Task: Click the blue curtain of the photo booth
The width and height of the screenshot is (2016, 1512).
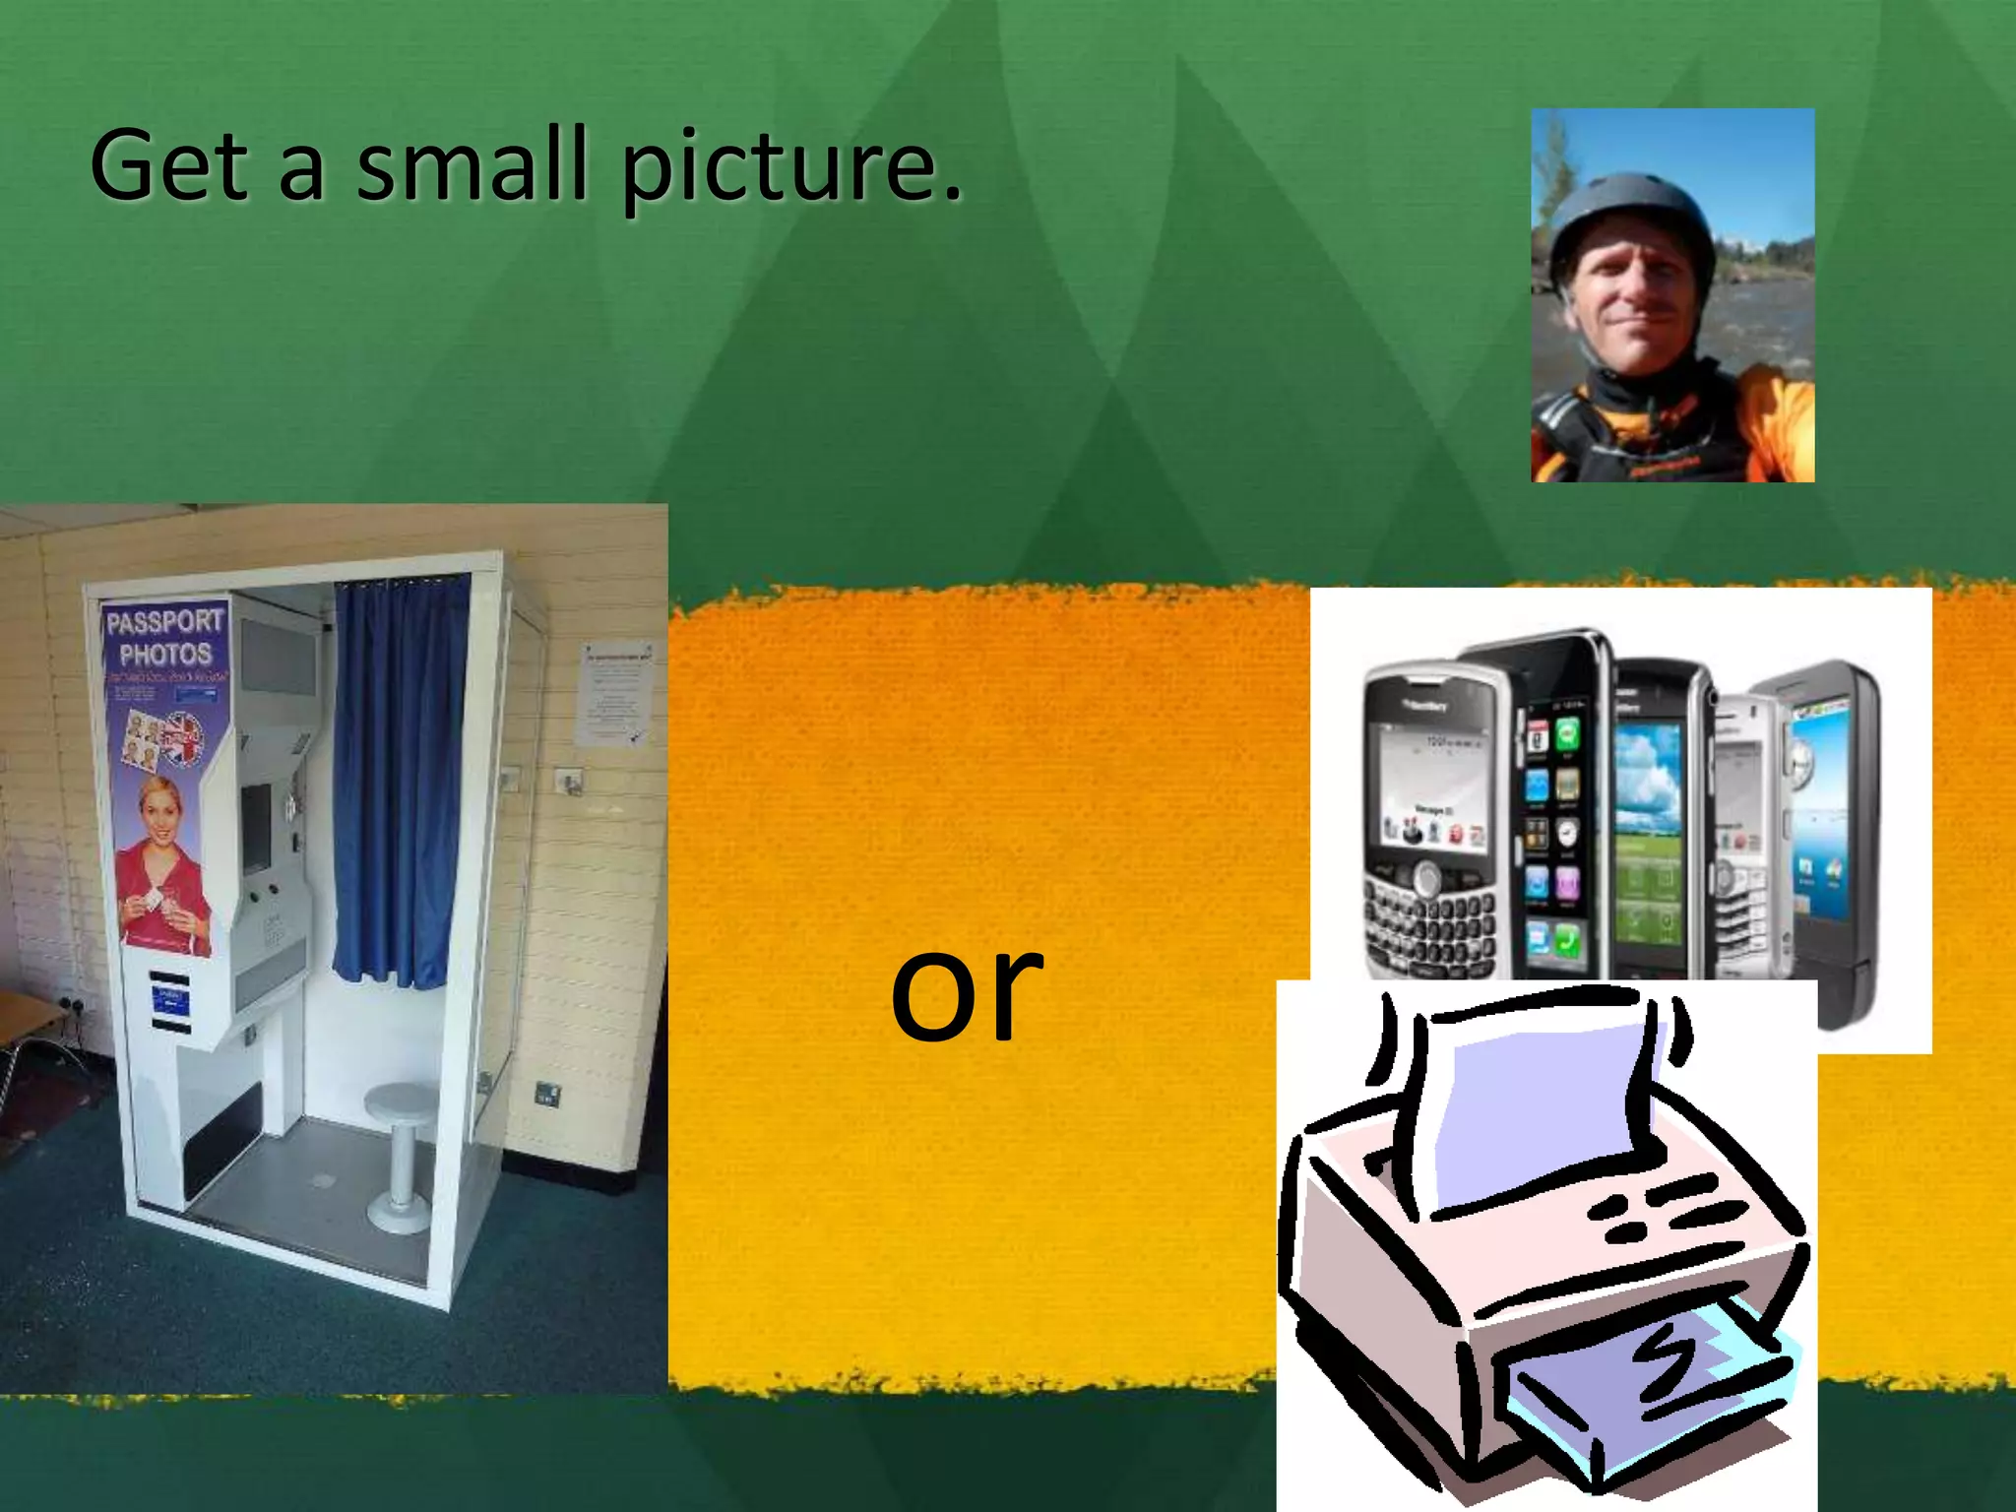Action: point(400,778)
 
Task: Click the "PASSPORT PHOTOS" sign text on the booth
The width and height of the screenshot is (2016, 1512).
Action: point(165,638)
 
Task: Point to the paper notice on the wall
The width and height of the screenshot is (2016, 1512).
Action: point(616,694)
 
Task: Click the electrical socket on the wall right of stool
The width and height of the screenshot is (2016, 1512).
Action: point(544,1092)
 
